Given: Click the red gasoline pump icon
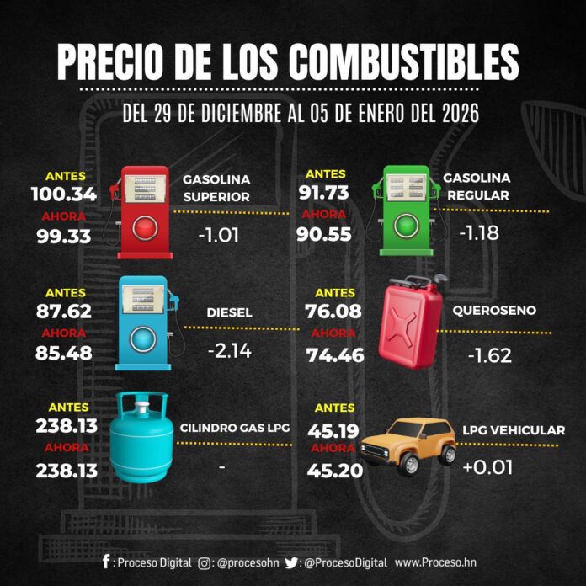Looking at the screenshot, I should click(x=145, y=210).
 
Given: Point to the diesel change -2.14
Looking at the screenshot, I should click(x=229, y=350).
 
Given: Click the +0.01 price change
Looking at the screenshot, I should click(x=487, y=466).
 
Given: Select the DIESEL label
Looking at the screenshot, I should click(x=229, y=312).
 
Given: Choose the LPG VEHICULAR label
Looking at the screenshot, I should click(x=514, y=430).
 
